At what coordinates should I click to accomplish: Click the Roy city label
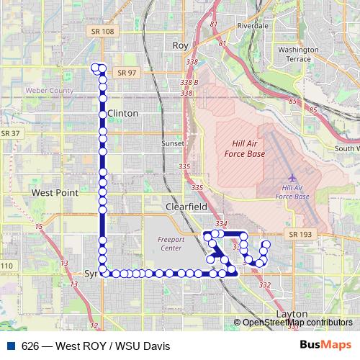coord(180,45)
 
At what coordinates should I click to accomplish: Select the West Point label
coord(55,193)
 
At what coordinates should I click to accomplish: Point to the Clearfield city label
coord(186,206)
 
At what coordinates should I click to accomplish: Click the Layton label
coord(292,315)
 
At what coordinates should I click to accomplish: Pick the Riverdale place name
coord(252,25)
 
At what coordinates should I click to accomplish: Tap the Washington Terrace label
coord(298,55)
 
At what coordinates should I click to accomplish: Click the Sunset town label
coord(174,143)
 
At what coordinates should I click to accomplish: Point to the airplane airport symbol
coord(292,177)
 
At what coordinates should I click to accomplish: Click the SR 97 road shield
coord(126,73)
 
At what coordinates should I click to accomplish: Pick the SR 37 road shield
coord(10,133)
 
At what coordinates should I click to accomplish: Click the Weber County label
coord(50,91)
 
